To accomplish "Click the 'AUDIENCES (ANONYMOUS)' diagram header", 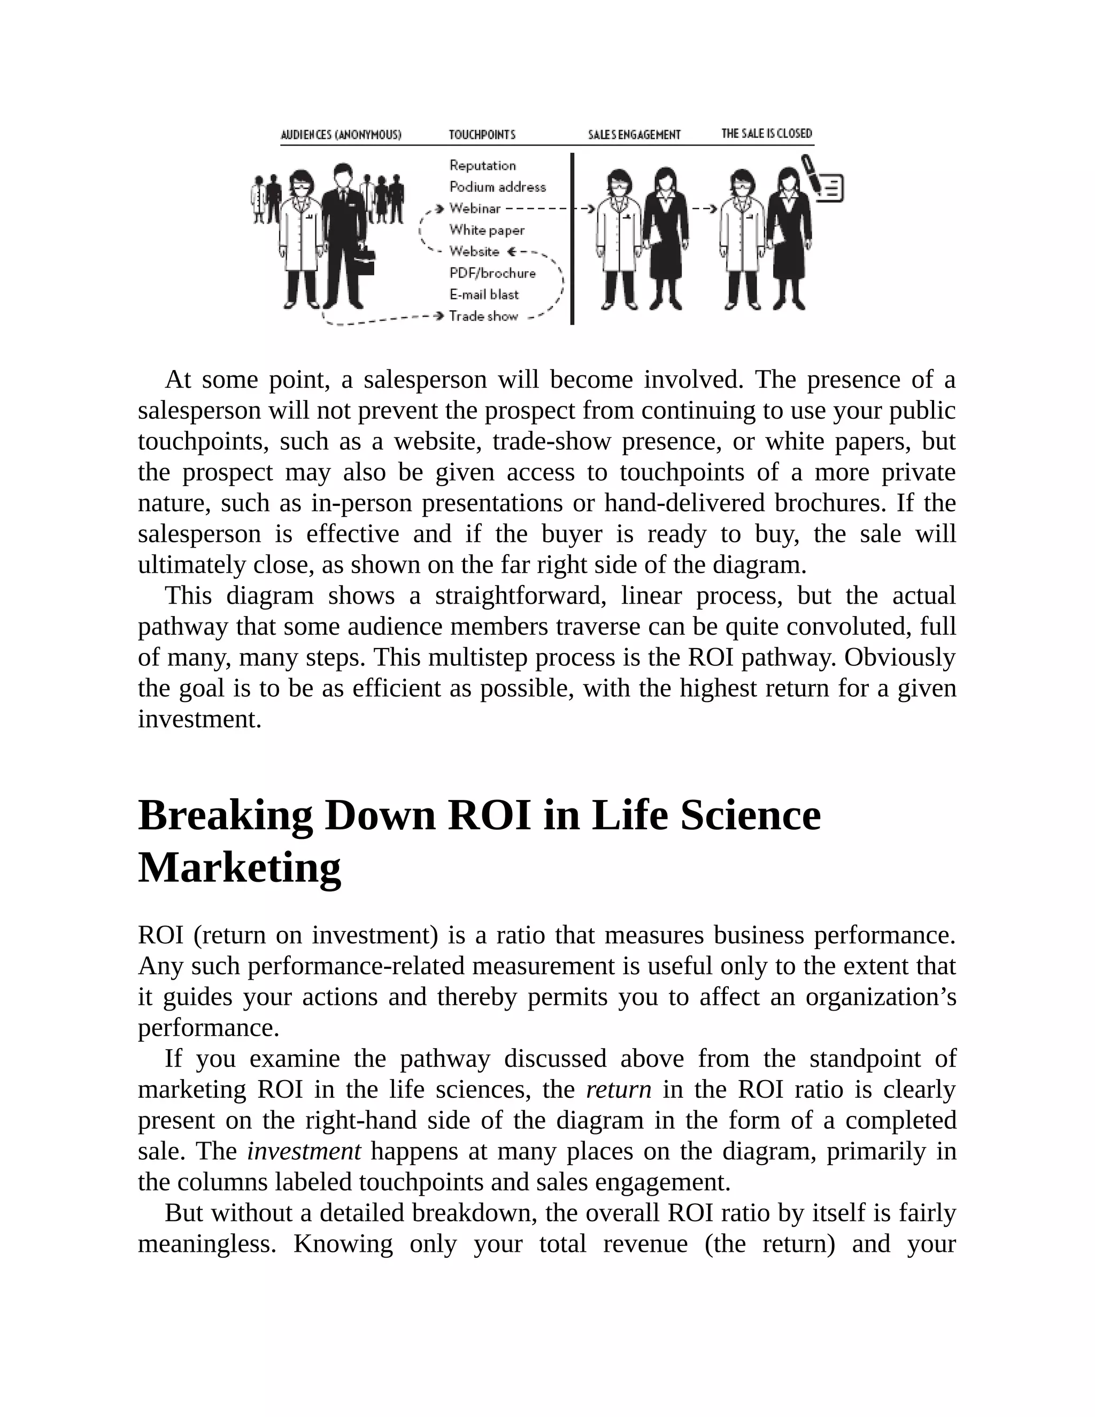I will [x=341, y=135].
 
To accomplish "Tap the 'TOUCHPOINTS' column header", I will [x=482, y=135].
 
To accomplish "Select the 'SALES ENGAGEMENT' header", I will [x=634, y=135].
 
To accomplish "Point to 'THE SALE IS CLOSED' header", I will [x=766, y=134].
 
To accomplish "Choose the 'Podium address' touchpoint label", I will [x=498, y=187].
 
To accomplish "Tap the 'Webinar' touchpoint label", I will [x=475, y=208].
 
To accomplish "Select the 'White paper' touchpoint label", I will [x=487, y=230].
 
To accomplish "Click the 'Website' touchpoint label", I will [x=474, y=251].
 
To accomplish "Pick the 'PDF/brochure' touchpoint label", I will [x=492, y=273].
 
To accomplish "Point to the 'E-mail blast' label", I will [x=484, y=295].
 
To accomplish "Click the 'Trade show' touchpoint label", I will [x=483, y=316].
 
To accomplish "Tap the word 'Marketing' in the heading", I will [x=240, y=868].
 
